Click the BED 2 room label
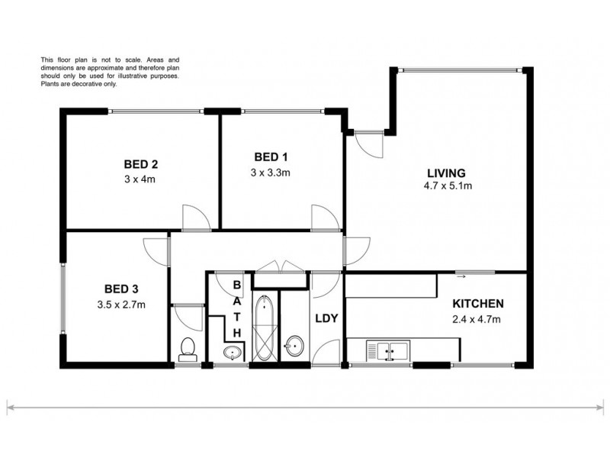pos(140,164)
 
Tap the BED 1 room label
pos(270,157)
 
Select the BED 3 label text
pos(120,289)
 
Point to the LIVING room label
pos(446,173)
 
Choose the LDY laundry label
pos(326,318)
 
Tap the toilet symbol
pos(187,349)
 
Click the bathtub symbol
pos(265,328)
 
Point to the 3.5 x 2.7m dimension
pos(120,304)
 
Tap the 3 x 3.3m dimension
pos(270,172)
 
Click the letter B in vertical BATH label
pos(237,285)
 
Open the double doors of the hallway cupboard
pos(281,265)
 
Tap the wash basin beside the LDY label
pos(293,349)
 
